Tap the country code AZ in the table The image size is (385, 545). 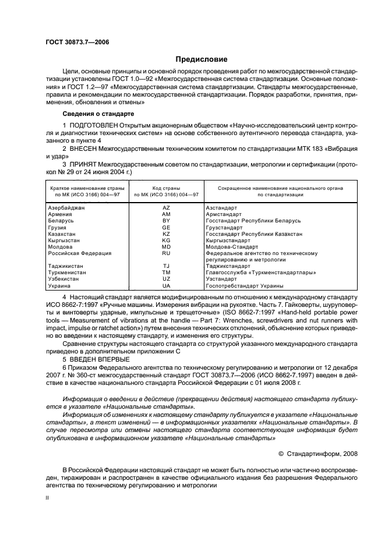pos(166,208)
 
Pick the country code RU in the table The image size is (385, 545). pos(166,253)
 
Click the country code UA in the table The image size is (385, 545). pos(166,286)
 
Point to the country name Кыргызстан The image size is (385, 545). pos(64,240)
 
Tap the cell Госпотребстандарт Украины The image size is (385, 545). pos(245,286)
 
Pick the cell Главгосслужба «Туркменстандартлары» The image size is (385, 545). pos(260,272)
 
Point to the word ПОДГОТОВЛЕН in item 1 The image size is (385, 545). pos(93,126)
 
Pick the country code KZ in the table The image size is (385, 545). pos(166,233)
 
